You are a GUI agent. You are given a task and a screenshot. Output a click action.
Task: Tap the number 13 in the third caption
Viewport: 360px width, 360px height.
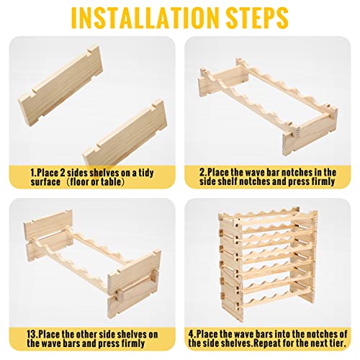point(32,334)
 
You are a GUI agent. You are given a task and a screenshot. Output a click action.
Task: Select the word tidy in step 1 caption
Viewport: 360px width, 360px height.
point(146,174)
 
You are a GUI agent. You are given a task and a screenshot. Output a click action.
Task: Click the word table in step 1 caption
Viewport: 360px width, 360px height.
point(110,181)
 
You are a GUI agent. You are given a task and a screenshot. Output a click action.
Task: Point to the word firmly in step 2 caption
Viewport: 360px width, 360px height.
point(323,181)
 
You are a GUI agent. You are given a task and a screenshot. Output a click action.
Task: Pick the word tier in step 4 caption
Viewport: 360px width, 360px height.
point(338,343)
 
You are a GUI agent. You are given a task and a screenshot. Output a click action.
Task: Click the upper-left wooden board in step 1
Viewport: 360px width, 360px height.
point(60,86)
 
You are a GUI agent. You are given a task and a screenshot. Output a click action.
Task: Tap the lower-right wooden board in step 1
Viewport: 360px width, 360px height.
point(125,132)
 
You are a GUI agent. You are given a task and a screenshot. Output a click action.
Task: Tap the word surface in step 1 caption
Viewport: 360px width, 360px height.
point(45,181)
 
